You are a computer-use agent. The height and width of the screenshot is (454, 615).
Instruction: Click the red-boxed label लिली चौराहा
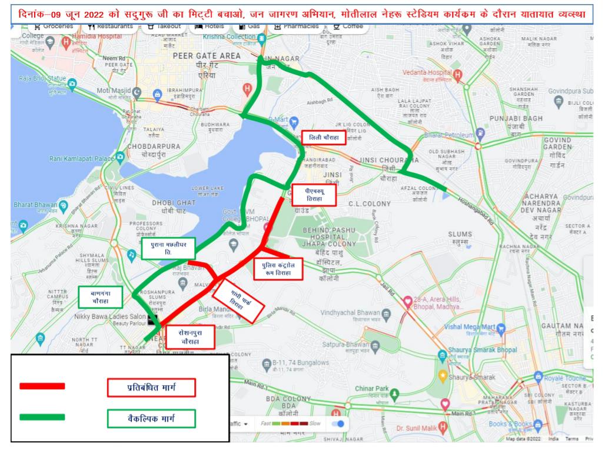pyautogui.click(x=323, y=138)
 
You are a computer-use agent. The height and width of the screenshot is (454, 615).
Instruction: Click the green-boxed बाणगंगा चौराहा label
pyautogui.click(x=100, y=297)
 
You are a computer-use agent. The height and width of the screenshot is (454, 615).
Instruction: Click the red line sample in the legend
pyautogui.click(x=42, y=386)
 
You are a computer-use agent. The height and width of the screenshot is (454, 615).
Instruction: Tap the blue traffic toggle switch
pyautogui.click(x=337, y=423)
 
